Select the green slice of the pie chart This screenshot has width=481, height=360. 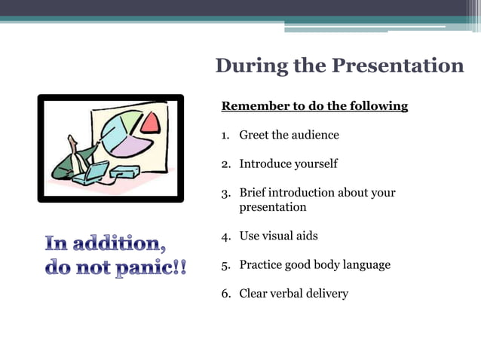coord(130,119)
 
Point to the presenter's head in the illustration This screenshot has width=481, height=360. coord(72,141)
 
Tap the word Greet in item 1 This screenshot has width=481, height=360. coord(255,136)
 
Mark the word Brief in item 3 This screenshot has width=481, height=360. coord(253,193)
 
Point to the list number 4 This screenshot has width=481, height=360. coord(225,236)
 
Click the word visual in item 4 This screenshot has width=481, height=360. coord(279,236)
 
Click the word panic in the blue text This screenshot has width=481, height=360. coord(144,268)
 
